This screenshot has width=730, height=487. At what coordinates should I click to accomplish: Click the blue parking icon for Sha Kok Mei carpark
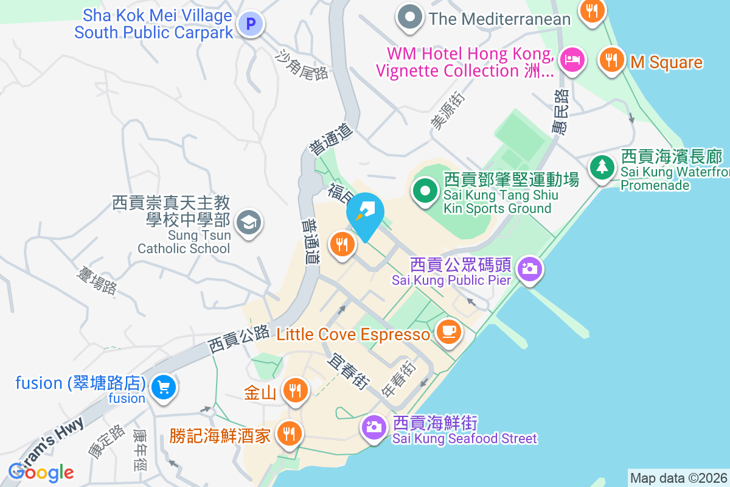(249, 24)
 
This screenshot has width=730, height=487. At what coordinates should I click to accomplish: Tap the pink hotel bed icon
(572, 60)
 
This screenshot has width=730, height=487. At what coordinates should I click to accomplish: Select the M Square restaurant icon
(610, 60)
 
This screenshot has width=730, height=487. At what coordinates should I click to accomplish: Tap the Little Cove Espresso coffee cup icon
(449, 331)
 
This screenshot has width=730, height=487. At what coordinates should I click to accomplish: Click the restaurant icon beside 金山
(295, 390)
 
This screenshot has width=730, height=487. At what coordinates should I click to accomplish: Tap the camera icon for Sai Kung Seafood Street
(374, 427)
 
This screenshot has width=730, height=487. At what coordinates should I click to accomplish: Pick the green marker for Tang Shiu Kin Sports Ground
(426, 191)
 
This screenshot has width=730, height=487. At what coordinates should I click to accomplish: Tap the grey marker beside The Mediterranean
(410, 16)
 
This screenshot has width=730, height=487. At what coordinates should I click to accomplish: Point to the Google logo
(41, 472)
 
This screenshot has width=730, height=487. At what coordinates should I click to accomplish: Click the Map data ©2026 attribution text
(678, 478)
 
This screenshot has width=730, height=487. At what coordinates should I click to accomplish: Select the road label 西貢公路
(238, 340)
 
